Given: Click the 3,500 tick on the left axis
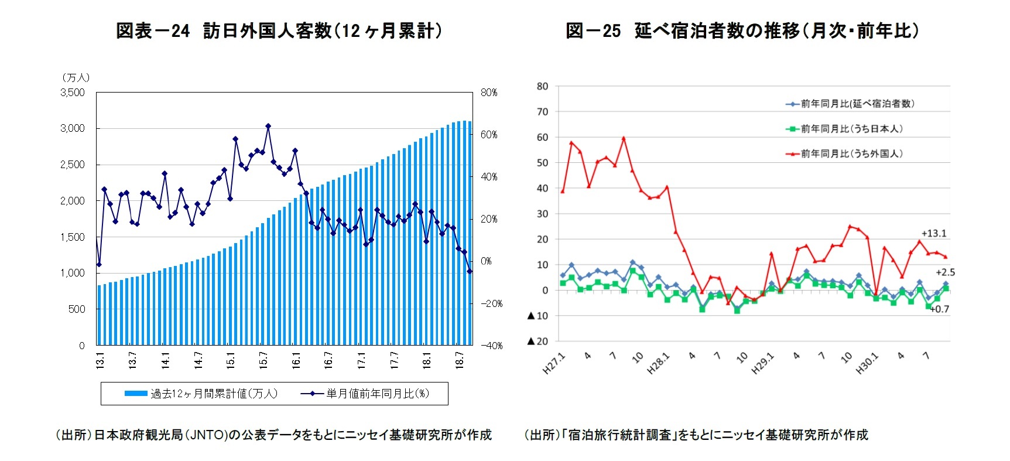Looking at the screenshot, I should coord(73,93).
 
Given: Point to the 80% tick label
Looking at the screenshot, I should coord(489,93).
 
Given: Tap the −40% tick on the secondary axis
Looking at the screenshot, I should coord(491,346).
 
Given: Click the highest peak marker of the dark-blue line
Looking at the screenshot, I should coord(268,126).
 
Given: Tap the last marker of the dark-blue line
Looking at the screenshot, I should coord(470,271).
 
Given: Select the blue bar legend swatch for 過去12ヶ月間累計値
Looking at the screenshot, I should coord(135,394).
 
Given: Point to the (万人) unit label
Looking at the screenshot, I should coord(76,77).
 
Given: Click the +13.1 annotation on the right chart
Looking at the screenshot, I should coord(934,233).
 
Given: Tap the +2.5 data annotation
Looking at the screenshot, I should coord(945,272).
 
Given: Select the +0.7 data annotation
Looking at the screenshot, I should coord(940,309).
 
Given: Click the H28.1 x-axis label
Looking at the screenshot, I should coord(658,364).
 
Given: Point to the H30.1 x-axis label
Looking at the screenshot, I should coord(867,364).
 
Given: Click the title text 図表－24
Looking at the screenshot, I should coord(153,30).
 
